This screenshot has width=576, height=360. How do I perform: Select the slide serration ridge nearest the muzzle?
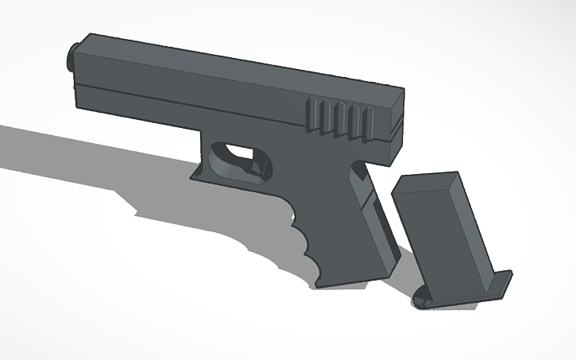coord(312,114)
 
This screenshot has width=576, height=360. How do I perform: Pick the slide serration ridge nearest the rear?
coord(367,126)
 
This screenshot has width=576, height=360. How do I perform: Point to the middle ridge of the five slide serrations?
coord(340,119)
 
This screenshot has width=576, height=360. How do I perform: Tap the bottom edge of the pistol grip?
coord(350,278)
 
